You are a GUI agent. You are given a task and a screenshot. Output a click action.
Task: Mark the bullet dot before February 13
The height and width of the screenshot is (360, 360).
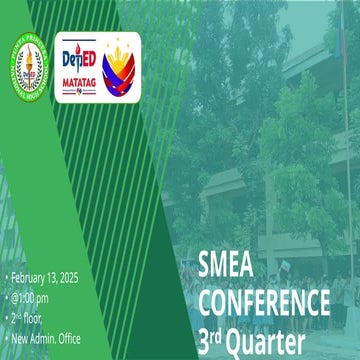pos(6,278)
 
